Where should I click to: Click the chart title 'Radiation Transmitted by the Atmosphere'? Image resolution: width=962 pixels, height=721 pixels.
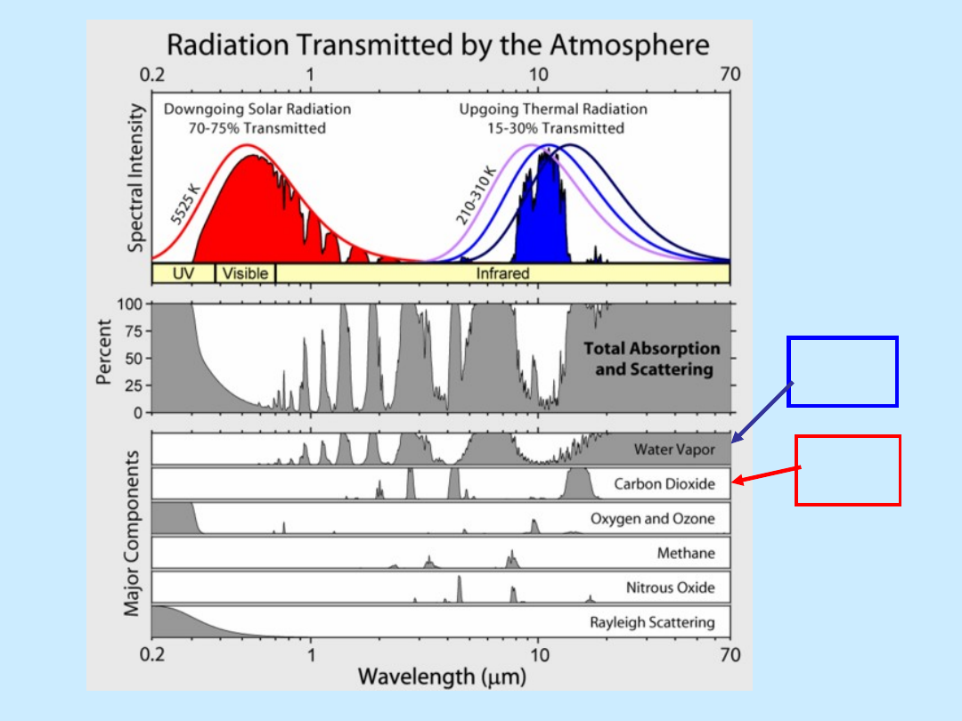(x=438, y=45)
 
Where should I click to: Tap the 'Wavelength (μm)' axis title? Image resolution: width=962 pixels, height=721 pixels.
(x=442, y=676)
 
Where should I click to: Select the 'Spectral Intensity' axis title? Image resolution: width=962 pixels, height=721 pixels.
(x=135, y=178)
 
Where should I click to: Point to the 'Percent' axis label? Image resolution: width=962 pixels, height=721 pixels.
(x=104, y=352)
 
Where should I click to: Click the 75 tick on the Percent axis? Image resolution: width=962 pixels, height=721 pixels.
(x=134, y=331)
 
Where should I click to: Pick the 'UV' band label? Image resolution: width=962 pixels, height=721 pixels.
(x=183, y=273)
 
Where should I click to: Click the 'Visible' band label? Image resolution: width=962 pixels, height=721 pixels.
(x=245, y=273)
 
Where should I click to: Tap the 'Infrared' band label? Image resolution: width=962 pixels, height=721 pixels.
(x=502, y=273)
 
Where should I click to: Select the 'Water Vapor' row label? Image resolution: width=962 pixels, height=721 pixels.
(x=674, y=450)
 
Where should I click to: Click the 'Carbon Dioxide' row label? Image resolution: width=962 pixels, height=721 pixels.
(x=664, y=483)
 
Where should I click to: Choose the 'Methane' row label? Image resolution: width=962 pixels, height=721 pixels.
(x=686, y=553)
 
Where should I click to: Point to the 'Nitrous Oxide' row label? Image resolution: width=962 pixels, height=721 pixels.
(x=671, y=587)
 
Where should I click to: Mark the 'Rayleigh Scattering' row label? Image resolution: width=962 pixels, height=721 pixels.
(x=652, y=622)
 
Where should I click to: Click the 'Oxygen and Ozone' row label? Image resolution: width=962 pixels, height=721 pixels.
(x=653, y=519)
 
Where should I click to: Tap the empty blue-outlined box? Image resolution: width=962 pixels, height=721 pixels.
(x=843, y=337)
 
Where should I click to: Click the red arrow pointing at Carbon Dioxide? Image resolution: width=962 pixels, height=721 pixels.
(x=766, y=474)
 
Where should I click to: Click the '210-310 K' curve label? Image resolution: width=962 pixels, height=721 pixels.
(x=475, y=195)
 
